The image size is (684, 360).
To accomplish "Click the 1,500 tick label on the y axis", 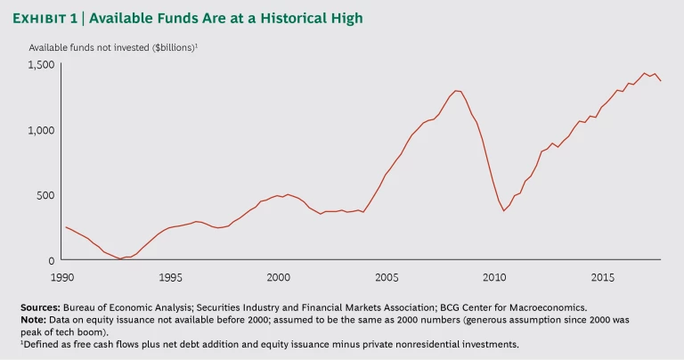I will (42, 65).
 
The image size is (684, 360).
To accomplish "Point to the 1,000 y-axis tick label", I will (42, 130).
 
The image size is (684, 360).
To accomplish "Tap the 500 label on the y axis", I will (45, 195).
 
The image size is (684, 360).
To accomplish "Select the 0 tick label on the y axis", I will (52, 260).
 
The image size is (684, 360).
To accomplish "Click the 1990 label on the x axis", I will (62, 277).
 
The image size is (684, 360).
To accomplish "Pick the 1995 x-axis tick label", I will (171, 277).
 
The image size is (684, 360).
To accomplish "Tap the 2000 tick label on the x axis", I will (279, 277).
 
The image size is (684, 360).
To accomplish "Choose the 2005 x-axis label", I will (387, 277).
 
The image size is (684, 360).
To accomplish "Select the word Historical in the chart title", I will (295, 18).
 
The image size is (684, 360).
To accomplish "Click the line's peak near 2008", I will (457, 90).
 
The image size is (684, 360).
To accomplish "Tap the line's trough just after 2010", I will (504, 210).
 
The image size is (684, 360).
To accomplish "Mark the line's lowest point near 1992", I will (120, 258).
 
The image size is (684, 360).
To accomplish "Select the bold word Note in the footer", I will (35, 318).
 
